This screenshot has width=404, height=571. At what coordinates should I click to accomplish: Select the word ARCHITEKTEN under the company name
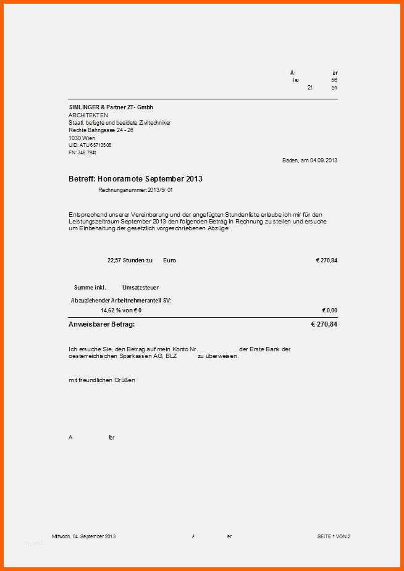click(x=88, y=115)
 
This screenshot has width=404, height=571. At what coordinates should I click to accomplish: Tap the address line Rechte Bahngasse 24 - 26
click(x=101, y=130)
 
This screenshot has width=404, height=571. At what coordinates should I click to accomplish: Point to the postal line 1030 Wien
click(x=82, y=138)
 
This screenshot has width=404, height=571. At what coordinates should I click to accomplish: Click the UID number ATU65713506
click(x=90, y=145)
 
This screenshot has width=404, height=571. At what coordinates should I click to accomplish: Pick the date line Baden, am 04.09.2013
click(x=309, y=160)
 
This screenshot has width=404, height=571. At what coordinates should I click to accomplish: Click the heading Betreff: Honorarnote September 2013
click(x=135, y=179)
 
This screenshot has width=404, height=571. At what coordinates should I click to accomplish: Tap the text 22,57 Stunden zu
click(x=130, y=260)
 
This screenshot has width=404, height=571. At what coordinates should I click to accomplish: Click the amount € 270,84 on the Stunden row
click(x=326, y=260)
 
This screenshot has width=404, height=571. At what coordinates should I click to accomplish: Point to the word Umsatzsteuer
click(x=140, y=288)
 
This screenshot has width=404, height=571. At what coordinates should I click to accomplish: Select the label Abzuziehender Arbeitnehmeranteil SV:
click(x=122, y=300)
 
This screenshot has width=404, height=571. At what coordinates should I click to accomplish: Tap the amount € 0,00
click(x=329, y=311)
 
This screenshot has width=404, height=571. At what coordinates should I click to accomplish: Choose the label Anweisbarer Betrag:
click(x=101, y=324)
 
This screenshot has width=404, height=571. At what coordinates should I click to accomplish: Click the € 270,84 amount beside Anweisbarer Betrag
click(x=324, y=324)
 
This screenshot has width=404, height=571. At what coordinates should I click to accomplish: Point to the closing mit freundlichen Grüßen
click(x=102, y=380)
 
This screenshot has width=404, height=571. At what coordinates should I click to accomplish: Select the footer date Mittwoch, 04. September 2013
click(x=84, y=536)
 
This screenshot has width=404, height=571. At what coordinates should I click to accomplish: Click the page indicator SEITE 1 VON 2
click(x=334, y=536)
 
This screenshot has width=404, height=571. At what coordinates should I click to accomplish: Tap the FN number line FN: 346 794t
click(x=82, y=152)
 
